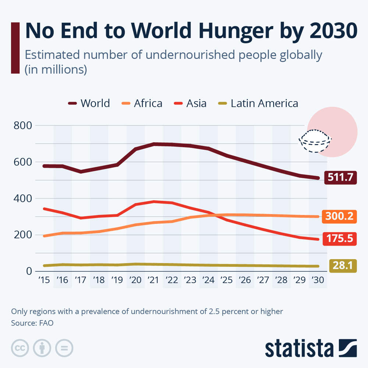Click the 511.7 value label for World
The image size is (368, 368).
pyautogui.click(x=340, y=177)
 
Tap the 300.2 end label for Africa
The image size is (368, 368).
pyautogui.click(x=339, y=216)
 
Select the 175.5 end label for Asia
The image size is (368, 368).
pyautogui.click(x=340, y=239)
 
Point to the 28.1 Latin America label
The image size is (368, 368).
pyautogui.click(x=343, y=266)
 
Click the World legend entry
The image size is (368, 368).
pyautogui.click(x=89, y=103)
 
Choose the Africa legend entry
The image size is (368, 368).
pyautogui.click(x=142, y=103)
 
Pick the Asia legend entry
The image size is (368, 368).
pyautogui.click(x=190, y=103)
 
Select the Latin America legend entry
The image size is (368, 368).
pyautogui.click(x=258, y=103)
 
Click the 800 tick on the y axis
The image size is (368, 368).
pyautogui.click(x=23, y=125)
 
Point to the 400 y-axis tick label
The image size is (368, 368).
pyautogui.click(x=23, y=199)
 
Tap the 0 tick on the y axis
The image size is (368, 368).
pyautogui.click(x=29, y=271)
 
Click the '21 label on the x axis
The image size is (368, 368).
pyautogui.click(x=153, y=280)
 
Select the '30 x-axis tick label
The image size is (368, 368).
pyautogui.click(x=318, y=280)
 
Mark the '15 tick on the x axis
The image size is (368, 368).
pyautogui.click(x=44, y=280)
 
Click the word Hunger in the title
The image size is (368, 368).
pyautogui.click(x=236, y=31)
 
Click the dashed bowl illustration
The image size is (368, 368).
pyautogui.click(x=315, y=141)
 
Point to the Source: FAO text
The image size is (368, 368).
pyautogui.click(x=32, y=323)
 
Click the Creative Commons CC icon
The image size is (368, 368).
pyautogui.click(x=20, y=348)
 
